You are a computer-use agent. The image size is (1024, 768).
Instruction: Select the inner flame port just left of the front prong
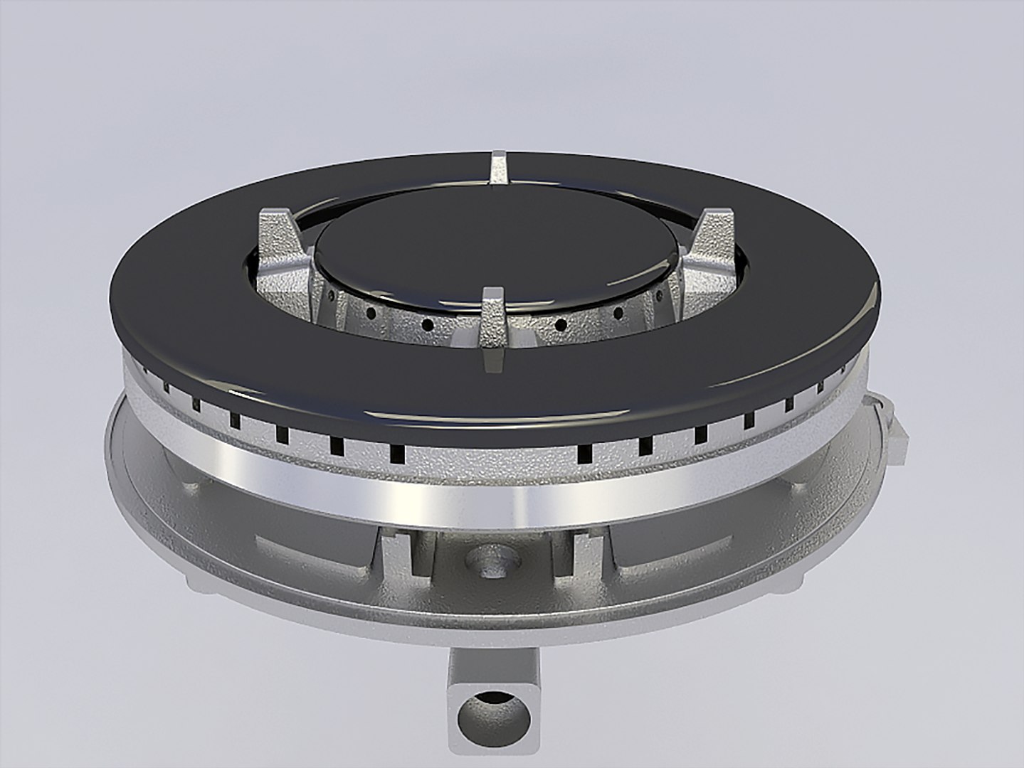click(428, 324)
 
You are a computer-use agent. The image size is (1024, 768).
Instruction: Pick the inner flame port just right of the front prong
click(561, 324)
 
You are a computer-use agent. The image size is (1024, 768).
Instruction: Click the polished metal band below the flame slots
click(491, 491)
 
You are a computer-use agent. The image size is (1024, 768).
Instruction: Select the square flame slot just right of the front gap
click(588, 451)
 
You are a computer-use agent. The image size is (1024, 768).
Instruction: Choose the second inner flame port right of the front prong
click(617, 312)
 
